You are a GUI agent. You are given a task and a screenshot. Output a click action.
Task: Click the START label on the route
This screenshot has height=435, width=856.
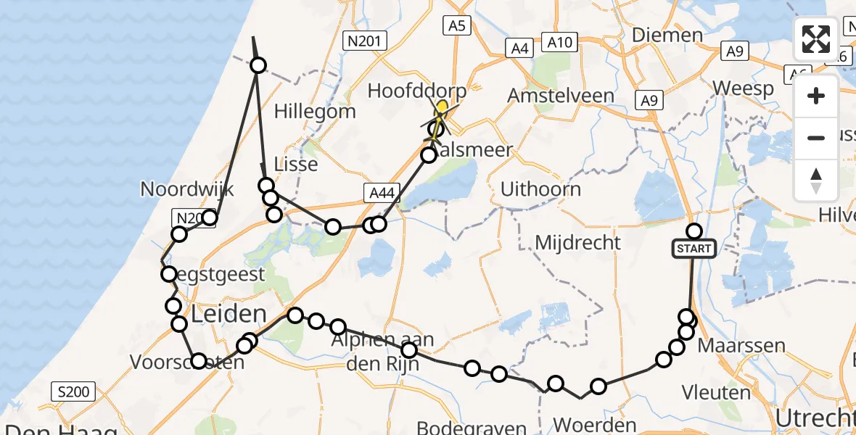(x=694, y=249)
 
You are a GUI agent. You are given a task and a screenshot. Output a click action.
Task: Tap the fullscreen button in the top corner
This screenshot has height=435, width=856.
(x=816, y=39)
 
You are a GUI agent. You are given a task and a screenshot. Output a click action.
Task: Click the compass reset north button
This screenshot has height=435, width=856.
(x=816, y=181)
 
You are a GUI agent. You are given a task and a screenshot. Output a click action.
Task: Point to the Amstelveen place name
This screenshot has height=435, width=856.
(x=561, y=96)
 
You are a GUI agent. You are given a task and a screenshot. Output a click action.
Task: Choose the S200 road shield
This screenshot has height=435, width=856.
(x=74, y=393)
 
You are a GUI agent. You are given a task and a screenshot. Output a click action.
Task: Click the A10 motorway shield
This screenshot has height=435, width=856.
(x=559, y=43)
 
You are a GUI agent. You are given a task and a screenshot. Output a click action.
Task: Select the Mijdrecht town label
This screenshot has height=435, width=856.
(x=577, y=242)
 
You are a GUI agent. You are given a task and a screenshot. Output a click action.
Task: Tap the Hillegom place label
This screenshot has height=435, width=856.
(x=316, y=112)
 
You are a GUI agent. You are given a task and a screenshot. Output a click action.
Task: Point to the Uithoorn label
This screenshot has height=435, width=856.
(x=540, y=189)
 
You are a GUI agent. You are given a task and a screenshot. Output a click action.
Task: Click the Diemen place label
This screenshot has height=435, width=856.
(x=667, y=35)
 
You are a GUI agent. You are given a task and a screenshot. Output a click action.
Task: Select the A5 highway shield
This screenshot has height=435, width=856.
(x=457, y=26)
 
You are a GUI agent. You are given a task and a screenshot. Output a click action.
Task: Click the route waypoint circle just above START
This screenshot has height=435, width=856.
(x=694, y=231)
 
